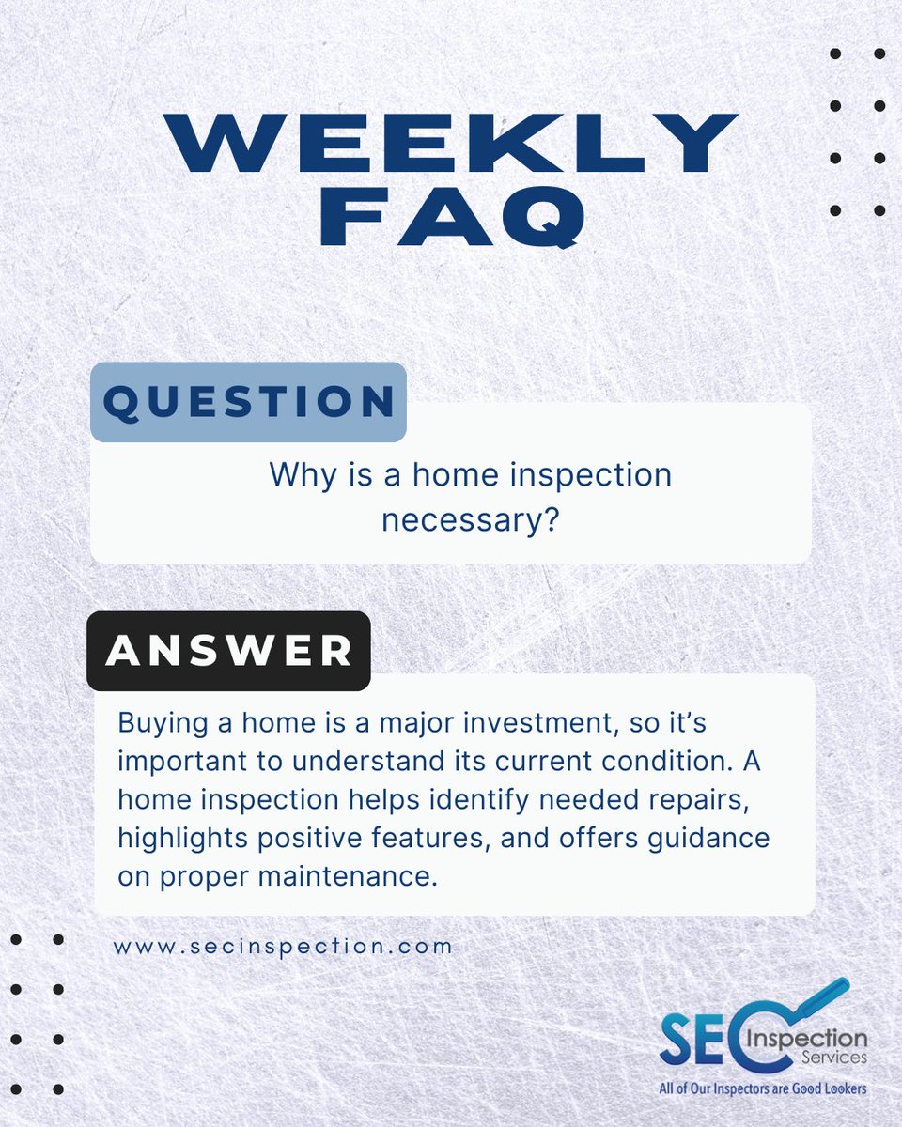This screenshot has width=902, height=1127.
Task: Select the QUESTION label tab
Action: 248,402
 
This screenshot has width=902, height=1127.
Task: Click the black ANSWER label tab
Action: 228,651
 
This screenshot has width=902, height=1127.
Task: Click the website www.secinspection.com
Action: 283,946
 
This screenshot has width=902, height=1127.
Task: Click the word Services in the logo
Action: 837,1058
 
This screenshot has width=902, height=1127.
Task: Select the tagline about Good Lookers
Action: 762,1088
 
